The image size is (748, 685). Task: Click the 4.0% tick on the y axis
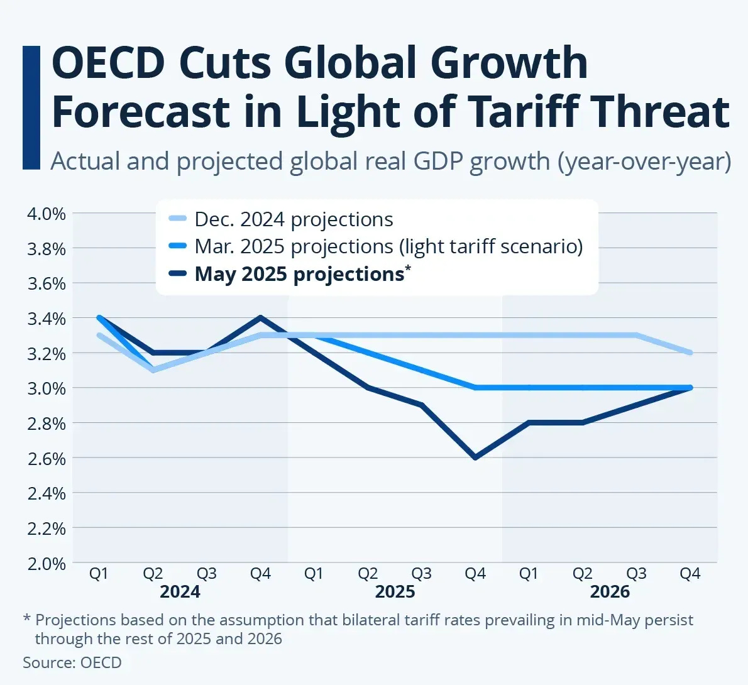[x=46, y=214]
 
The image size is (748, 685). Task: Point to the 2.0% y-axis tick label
[x=46, y=564]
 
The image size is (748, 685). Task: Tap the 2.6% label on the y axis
[x=46, y=459]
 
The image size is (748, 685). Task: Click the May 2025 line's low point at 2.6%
[x=475, y=458]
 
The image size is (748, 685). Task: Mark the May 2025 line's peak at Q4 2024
[x=260, y=317]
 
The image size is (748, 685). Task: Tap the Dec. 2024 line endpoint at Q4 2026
[x=690, y=353]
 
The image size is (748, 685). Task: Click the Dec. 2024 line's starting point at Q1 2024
[x=99, y=335]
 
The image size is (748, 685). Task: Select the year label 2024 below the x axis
[x=180, y=592]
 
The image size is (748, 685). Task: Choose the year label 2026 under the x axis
[x=610, y=592]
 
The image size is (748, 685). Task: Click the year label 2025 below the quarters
[x=395, y=592]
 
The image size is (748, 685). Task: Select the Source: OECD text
[x=72, y=662]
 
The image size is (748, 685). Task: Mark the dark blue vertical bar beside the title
[x=31, y=107]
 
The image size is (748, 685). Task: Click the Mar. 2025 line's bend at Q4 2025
[x=475, y=388]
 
